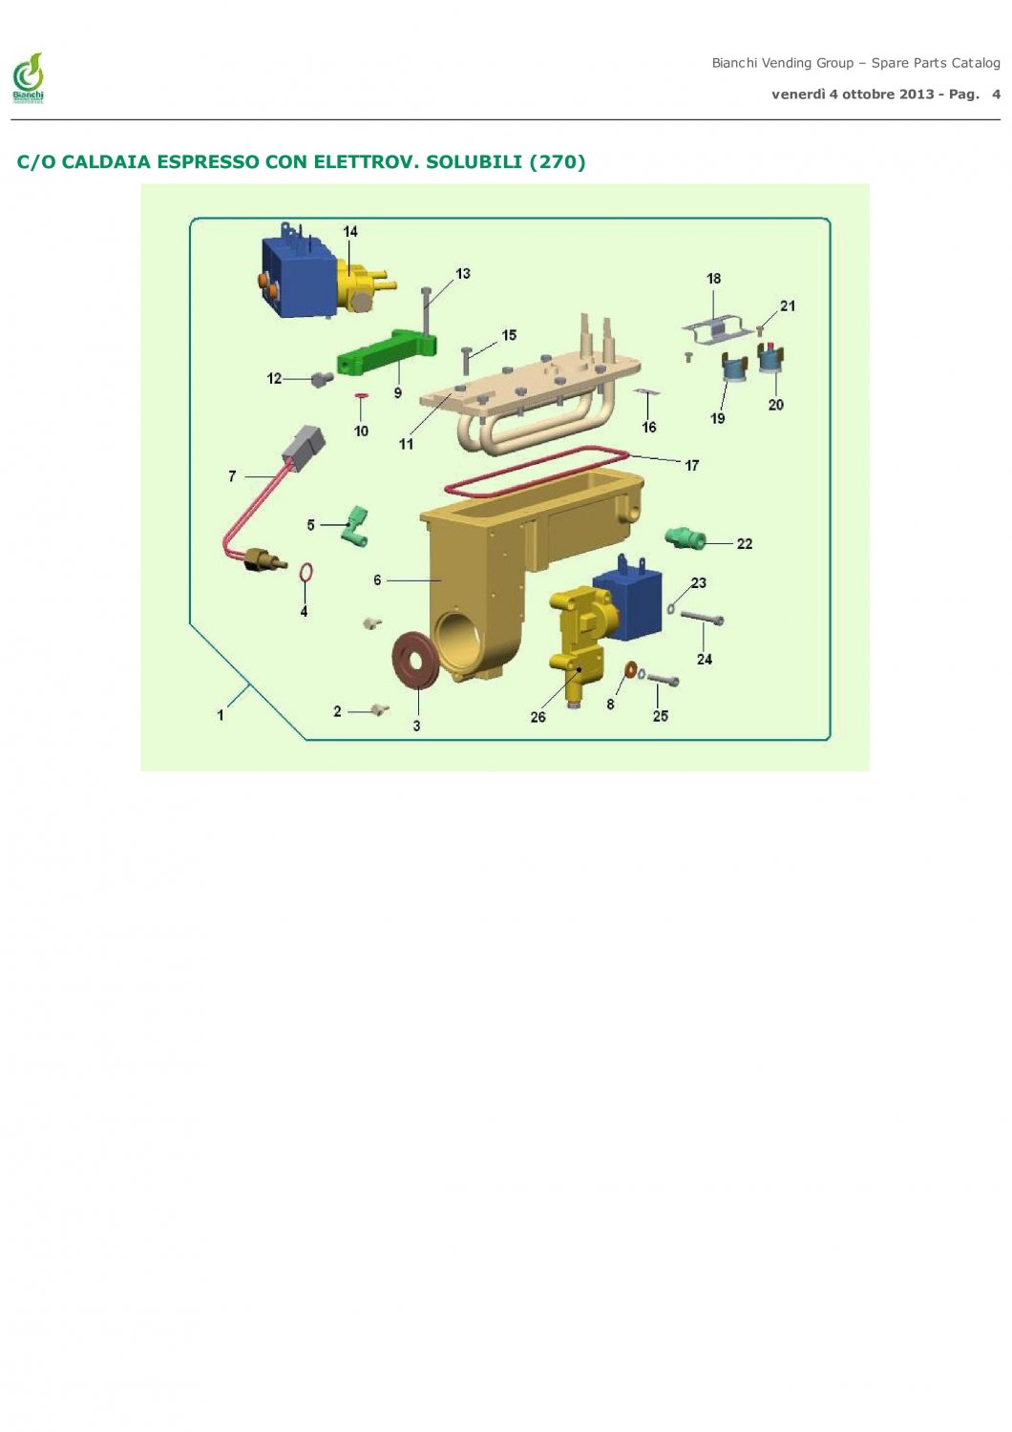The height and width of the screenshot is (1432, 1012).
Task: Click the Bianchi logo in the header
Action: coord(28,78)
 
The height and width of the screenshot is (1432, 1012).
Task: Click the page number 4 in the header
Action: coord(996,95)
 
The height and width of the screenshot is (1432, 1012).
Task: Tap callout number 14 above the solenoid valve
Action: coord(349,231)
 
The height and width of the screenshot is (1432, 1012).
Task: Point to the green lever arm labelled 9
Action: coord(388,353)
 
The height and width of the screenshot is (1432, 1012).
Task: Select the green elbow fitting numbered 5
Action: coord(356,526)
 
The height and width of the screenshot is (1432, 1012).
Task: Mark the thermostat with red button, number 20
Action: coord(771,359)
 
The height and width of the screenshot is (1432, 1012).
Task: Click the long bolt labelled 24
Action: coord(702,617)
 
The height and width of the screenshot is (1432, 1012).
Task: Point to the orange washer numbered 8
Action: coord(630,669)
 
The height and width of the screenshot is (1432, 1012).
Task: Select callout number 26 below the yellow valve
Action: coord(538,717)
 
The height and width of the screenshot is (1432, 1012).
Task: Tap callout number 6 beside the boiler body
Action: coord(377,579)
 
